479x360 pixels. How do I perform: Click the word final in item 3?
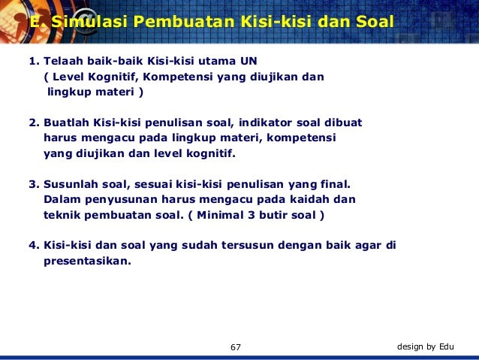pos(333,183)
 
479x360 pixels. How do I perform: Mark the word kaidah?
pos(312,199)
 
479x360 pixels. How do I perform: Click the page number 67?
pos(236,346)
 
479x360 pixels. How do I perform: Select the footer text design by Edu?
pos(425,346)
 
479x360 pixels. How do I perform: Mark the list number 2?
pos(32,122)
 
